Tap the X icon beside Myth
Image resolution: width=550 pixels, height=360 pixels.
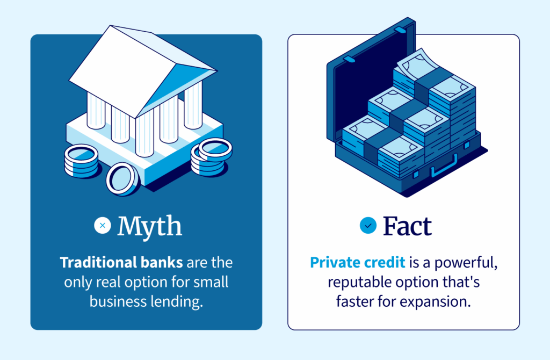pyautogui.click(x=103, y=226)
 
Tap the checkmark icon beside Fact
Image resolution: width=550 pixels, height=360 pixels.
pyautogui.click(x=368, y=226)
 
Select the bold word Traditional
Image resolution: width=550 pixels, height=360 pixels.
pyautogui.click(x=95, y=263)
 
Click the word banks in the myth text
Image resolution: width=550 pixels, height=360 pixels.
pyautogui.click(x=158, y=263)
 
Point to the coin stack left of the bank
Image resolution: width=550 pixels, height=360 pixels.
pyautogui.click(x=81, y=161)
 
